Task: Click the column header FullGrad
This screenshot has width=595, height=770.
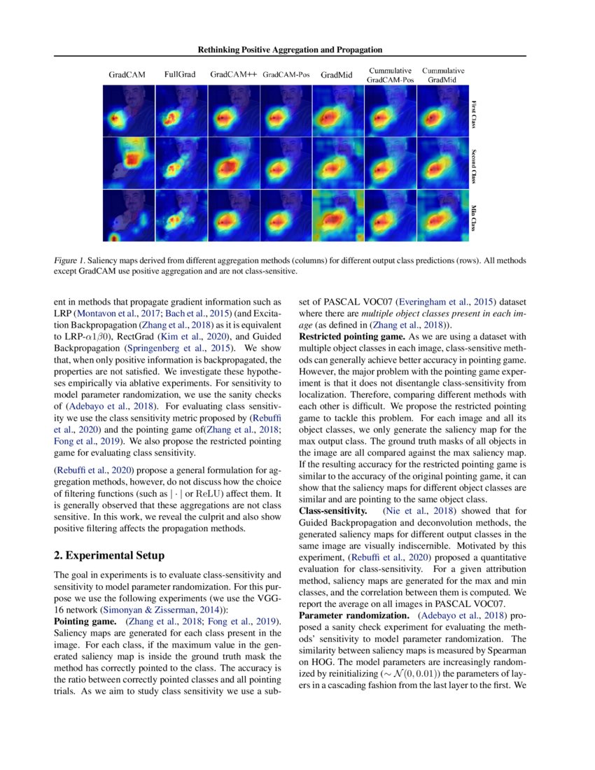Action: click(x=180, y=73)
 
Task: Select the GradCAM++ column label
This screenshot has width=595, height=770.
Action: click(x=233, y=73)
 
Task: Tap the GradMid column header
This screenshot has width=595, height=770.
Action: click(x=337, y=74)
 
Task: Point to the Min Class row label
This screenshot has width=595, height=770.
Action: click(x=474, y=217)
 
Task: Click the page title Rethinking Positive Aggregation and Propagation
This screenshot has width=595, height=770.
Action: click(x=290, y=50)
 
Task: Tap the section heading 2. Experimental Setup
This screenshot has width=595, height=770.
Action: click(x=109, y=556)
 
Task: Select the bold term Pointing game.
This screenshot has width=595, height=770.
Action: click(x=80, y=622)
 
